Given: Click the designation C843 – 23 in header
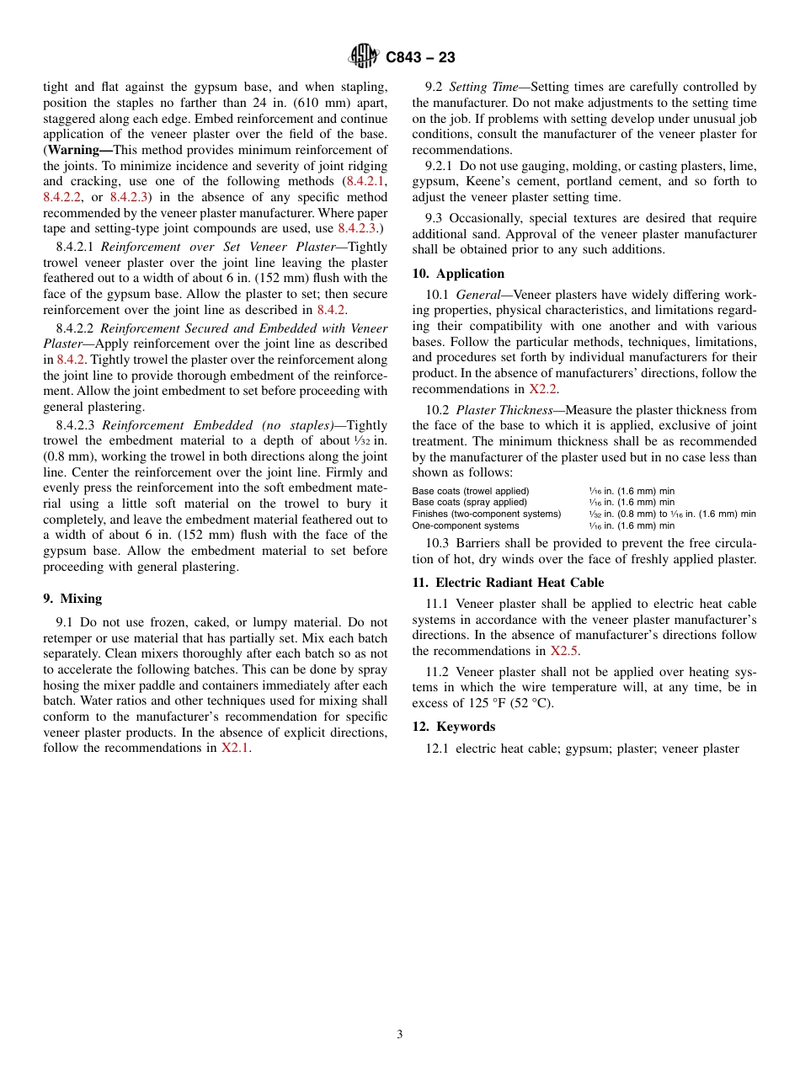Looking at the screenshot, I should (420, 58).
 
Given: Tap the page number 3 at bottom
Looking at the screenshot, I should (400, 1035).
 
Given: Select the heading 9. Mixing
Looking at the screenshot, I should (72, 599).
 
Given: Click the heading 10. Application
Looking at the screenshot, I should (458, 274).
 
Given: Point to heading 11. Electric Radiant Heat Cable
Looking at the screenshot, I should (508, 583).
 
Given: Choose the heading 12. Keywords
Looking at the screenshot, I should (453, 727).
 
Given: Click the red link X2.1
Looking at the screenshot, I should (235, 748).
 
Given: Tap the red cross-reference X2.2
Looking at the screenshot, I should (543, 389).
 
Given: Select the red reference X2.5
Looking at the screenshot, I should (563, 651).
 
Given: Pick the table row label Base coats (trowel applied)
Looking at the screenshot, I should (470, 491).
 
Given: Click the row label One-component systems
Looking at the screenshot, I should (465, 525).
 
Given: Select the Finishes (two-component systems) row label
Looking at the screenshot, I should (486, 514).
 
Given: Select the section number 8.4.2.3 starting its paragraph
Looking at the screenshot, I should (75, 426).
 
